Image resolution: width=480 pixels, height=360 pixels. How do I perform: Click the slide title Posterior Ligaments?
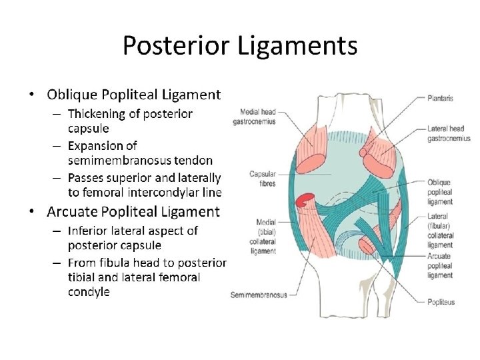click(240, 46)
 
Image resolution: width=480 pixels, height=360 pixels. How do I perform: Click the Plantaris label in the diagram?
click(441, 98)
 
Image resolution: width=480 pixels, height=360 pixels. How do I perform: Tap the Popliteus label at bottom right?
click(441, 302)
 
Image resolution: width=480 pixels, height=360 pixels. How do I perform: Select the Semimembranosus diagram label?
click(259, 295)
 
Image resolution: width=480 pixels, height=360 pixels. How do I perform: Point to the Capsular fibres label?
click(263, 179)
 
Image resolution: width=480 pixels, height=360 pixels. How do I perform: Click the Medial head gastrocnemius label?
click(255, 117)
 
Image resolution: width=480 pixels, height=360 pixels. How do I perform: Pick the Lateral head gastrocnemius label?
click(449, 133)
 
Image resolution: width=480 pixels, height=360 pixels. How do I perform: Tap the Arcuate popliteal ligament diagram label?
click(441, 265)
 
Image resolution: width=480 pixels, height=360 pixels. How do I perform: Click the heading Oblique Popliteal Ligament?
click(133, 95)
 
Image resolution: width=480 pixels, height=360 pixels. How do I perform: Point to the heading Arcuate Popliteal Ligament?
click(133, 212)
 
